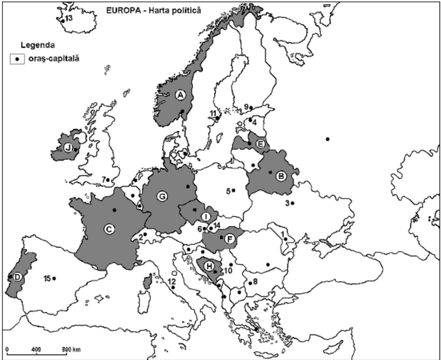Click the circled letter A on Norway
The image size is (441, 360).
[x=181, y=94]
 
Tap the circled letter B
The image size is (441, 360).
[x=280, y=176]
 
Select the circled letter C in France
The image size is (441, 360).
[x=109, y=229]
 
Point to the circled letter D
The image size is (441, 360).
[x=17, y=277]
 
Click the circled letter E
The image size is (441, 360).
[x=260, y=144]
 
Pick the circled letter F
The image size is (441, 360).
[x=230, y=238]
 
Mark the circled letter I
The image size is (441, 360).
[x=207, y=216]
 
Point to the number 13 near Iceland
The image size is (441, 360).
[x=68, y=18]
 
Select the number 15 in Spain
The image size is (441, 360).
[x=47, y=279]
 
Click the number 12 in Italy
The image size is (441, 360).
[x=172, y=281]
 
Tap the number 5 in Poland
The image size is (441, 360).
[x=228, y=191]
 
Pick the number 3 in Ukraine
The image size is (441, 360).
[x=286, y=204]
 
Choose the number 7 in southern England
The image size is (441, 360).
[x=103, y=179]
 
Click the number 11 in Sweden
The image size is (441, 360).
[x=213, y=113]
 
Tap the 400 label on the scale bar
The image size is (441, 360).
[x=36, y=348]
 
